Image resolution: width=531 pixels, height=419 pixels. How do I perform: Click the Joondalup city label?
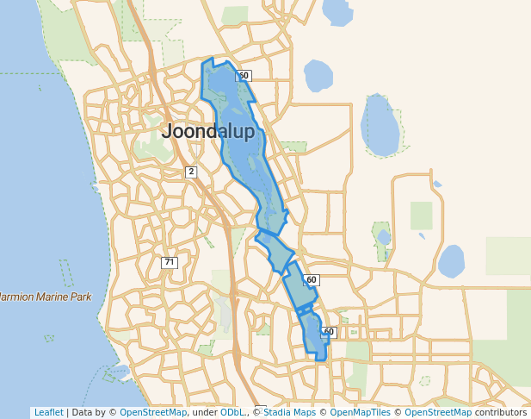coord(208,132)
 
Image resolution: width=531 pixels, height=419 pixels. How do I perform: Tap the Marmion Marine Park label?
coord(45,297)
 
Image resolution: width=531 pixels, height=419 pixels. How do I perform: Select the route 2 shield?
coord(191,172)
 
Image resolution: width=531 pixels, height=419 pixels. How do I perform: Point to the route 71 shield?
coord(170,262)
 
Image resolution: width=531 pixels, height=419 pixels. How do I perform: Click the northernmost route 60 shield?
coord(244,76)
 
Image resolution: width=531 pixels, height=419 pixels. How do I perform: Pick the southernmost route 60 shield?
coord(328,332)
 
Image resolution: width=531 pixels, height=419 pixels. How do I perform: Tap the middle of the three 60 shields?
coord(312,280)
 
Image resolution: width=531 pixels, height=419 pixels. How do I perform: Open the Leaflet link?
coord(48,413)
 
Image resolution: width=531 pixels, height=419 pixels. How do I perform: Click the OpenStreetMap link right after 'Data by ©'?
coord(153,413)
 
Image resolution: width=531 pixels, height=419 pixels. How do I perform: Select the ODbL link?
coord(232,413)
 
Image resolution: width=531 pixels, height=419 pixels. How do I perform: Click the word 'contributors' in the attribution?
coord(501,413)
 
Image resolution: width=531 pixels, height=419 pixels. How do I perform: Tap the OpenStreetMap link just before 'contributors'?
coord(438,413)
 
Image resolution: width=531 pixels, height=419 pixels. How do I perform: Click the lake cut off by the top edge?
coord(337,11)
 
